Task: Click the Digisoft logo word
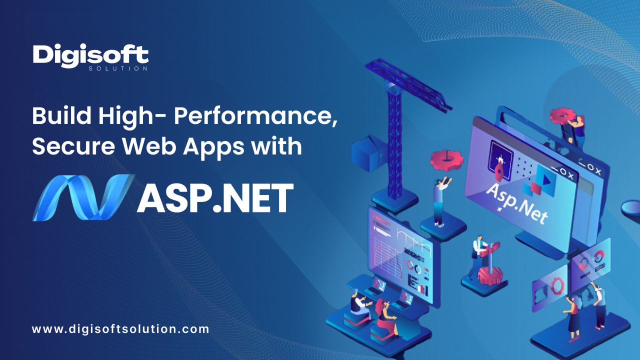tap(90, 55)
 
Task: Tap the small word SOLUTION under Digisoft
tap(118, 68)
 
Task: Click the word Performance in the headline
tap(255, 115)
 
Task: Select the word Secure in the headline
tap(73, 146)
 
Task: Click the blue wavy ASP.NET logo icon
tap(83, 197)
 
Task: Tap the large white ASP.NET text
tap(215, 197)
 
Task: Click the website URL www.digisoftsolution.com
tap(120, 329)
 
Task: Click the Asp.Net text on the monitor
tap(516, 203)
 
